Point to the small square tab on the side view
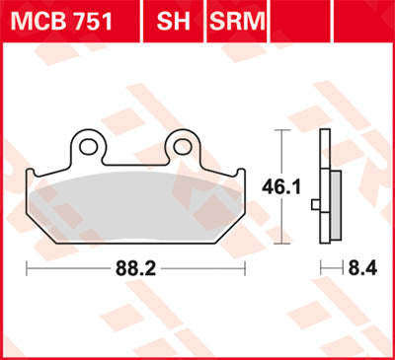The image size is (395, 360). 315,206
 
